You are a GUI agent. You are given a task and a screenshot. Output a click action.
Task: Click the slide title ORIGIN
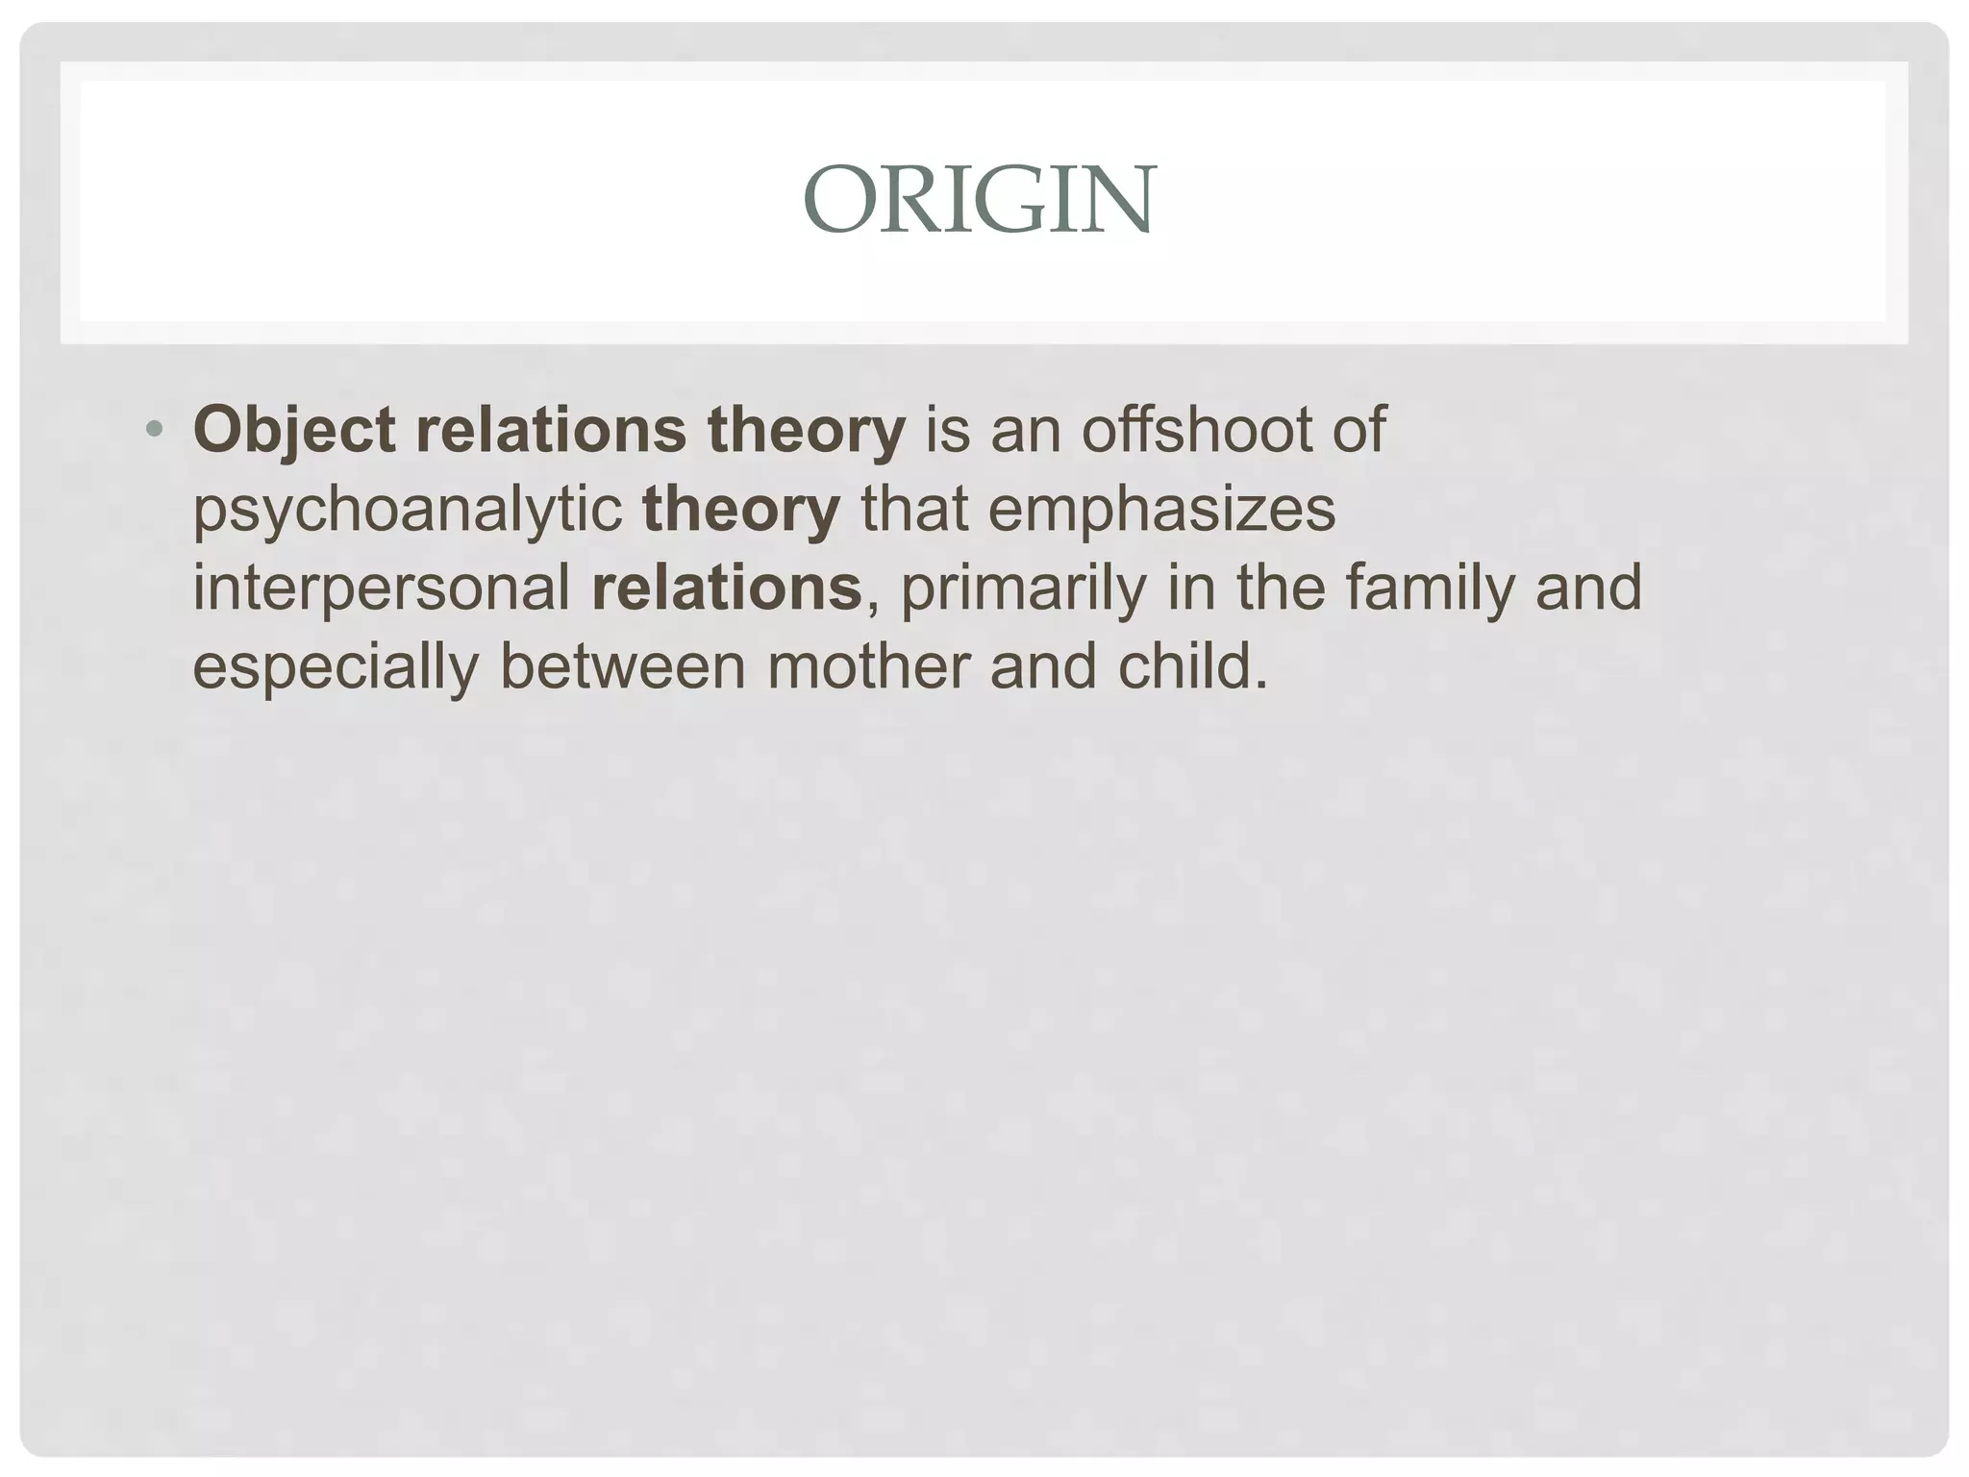point(980,200)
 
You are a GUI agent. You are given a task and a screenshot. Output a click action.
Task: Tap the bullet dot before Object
point(154,428)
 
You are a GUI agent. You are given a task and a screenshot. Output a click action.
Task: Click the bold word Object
point(294,430)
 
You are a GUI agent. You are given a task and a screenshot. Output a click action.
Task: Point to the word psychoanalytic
point(408,510)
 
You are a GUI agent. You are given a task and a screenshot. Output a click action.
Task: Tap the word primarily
point(1023,588)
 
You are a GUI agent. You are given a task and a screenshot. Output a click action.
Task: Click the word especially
point(336,667)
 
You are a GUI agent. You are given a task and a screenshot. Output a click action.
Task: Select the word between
point(623,665)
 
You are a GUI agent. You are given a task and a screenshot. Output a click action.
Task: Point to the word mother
point(868,665)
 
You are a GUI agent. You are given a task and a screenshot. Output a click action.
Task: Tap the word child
point(1192,665)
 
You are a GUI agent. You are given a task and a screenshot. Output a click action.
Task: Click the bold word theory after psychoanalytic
point(741,510)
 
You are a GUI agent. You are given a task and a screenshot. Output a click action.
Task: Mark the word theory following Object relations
point(807,430)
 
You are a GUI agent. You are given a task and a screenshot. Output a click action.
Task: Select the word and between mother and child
point(1043,665)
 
